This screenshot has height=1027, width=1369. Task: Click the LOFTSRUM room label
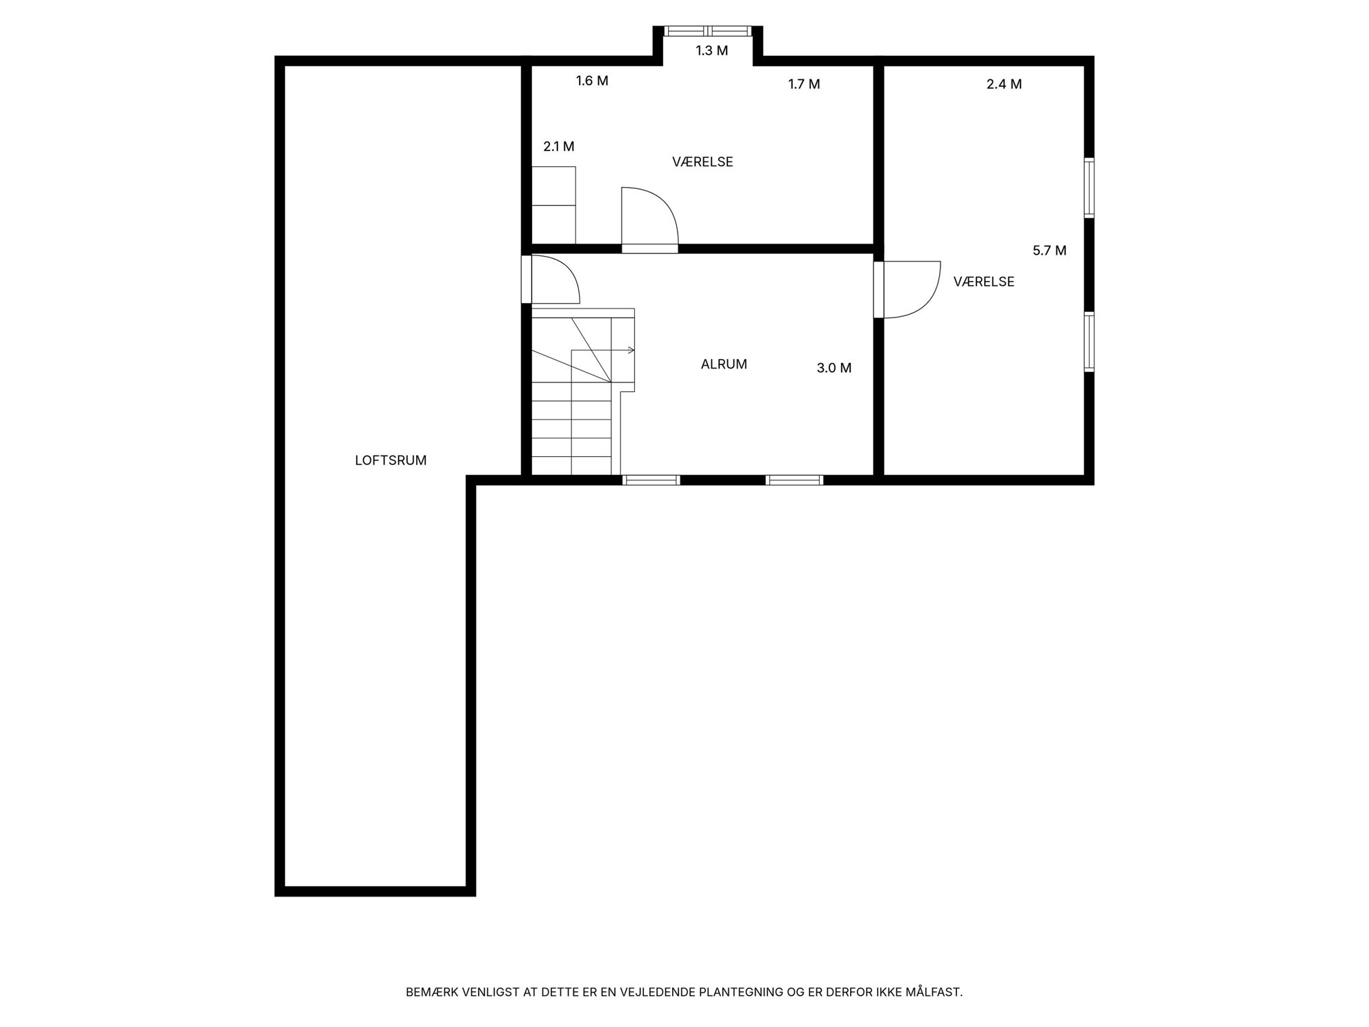(x=391, y=460)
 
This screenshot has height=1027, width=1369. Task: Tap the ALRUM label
(x=724, y=364)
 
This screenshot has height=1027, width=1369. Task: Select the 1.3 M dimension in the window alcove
(x=711, y=51)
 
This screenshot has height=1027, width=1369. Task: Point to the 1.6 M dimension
(x=592, y=81)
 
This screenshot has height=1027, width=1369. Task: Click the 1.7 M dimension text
(x=804, y=85)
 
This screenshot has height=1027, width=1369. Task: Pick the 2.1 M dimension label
(x=559, y=147)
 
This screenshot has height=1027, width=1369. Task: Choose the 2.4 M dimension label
(x=1004, y=85)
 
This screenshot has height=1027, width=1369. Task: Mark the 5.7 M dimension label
(x=1050, y=251)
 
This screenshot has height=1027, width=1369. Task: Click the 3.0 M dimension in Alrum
(x=834, y=369)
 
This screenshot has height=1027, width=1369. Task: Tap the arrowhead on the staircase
(x=631, y=351)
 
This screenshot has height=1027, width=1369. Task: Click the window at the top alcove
(x=707, y=31)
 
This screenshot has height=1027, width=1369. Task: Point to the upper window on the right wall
(x=1089, y=188)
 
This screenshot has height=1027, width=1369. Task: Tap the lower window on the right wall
(x=1089, y=342)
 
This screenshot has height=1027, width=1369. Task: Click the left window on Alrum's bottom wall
(x=651, y=480)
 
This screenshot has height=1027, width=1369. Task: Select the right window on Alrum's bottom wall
(x=794, y=480)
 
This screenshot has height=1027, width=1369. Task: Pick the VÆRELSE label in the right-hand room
(x=983, y=282)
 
